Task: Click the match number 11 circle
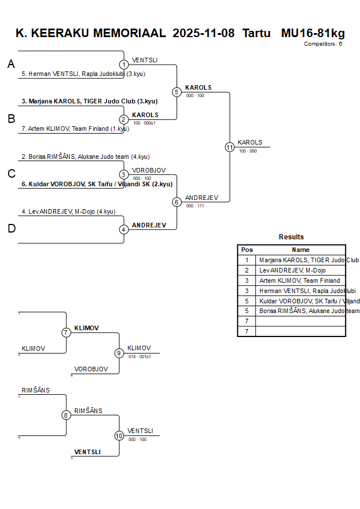(230, 147)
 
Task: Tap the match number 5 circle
(177, 92)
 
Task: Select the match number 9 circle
(119, 353)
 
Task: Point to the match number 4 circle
(124, 230)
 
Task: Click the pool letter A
(11, 65)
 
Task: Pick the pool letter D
(11, 229)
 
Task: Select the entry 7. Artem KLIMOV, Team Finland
(75, 129)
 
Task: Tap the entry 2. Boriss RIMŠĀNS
(85, 157)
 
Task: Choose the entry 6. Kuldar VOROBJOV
(97, 184)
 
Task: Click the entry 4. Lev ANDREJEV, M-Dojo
(68, 211)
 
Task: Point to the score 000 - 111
(195, 206)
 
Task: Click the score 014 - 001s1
(139, 356)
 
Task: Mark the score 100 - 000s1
(144, 123)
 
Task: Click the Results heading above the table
(291, 237)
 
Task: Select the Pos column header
(247, 250)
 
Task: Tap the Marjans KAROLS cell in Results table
(301, 260)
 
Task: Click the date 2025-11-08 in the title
(203, 33)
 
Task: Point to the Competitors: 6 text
(323, 44)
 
